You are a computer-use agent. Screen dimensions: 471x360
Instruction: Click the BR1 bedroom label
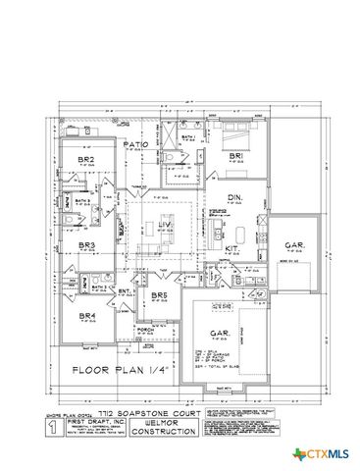pyautogui.click(x=235, y=156)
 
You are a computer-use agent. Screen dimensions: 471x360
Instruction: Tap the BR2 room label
pyautogui.click(x=85, y=157)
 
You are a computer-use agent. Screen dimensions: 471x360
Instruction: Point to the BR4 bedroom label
pyautogui.click(x=86, y=315)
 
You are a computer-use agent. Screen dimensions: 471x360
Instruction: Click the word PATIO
pyautogui.click(x=135, y=144)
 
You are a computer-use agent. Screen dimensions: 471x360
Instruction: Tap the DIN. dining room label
pyautogui.click(x=235, y=198)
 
